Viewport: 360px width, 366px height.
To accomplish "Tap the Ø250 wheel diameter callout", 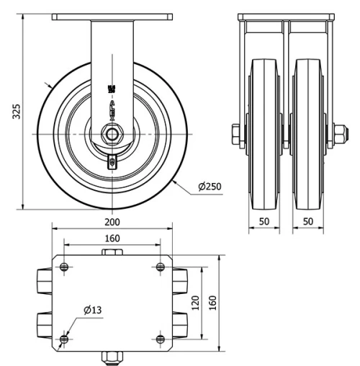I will coord(210,187).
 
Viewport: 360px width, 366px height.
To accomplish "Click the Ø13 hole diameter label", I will coord(93,311).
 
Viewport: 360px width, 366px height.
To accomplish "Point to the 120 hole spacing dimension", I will coord(195,303).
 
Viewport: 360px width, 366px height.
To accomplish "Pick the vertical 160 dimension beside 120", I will coord(213,303).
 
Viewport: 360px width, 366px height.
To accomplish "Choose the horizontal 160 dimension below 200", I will coord(112,238).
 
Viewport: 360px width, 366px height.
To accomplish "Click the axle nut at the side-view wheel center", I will coord(112,134).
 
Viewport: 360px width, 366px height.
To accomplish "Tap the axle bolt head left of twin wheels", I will coord(236,134).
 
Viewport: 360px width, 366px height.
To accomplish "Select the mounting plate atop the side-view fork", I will coord(112,17).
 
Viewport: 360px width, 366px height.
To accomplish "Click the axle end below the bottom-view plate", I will coord(112,357).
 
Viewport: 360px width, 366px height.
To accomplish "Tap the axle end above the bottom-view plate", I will coord(112,252).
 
